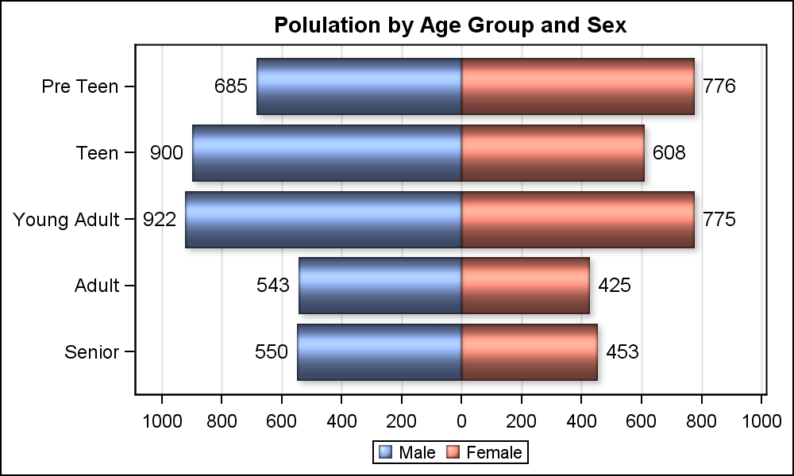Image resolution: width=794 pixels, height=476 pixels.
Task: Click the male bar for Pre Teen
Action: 359,86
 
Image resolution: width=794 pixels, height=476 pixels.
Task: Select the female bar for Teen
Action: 553,153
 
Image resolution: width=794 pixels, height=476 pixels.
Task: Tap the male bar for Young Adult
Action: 323,220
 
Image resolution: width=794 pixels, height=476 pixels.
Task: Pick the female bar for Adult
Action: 525,286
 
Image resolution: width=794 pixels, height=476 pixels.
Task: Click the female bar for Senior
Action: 529,352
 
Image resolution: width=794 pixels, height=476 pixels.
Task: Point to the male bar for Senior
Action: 380,352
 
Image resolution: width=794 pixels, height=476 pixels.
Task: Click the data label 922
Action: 160,220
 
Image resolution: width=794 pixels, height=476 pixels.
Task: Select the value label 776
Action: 719,86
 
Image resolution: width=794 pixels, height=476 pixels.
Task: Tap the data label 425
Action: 615,286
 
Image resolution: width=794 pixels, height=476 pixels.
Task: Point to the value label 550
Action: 272,352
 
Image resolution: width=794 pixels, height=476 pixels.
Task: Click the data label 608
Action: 669,153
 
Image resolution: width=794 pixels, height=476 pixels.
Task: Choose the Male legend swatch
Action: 386,453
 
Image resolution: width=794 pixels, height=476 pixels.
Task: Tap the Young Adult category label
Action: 66,220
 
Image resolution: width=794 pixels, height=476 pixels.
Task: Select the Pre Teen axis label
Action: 80,86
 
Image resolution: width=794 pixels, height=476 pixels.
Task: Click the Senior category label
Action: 92,352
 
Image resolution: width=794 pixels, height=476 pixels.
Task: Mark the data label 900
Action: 167,153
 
